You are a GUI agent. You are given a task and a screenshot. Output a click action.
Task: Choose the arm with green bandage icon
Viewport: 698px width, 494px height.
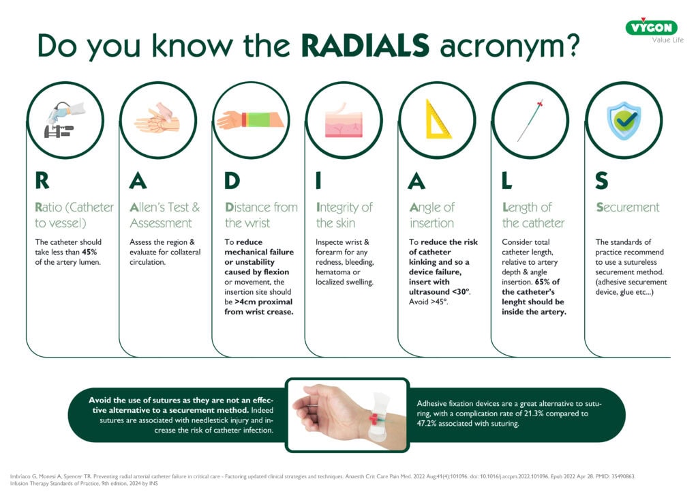251,120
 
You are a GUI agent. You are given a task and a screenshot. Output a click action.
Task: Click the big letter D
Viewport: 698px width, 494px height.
232,180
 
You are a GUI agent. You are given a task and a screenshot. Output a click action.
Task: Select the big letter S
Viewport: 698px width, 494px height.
601,180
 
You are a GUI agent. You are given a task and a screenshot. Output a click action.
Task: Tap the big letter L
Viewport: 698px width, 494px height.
507,180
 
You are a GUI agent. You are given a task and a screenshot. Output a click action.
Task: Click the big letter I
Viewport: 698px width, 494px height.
318,180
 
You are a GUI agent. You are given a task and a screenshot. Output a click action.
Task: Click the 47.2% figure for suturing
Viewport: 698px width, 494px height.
429,424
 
